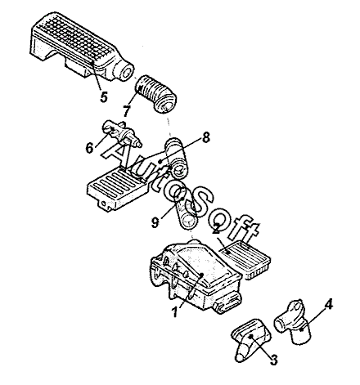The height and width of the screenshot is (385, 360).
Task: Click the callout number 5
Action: point(103,96)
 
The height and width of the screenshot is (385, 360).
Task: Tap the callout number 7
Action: point(127,111)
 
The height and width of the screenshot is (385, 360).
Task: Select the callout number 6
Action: point(89,148)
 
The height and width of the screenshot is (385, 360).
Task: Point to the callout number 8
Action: point(206,137)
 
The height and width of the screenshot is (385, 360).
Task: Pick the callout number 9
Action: point(155,222)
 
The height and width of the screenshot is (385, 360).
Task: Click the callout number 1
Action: point(175,311)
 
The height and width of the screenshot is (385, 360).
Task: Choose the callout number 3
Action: point(273,360)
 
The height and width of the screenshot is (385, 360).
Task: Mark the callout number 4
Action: point(329,304)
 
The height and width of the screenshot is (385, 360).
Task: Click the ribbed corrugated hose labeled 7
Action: point(156,94)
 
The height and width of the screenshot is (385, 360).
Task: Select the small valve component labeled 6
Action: point(122,134)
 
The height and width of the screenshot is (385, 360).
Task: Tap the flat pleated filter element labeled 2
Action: point(245,259)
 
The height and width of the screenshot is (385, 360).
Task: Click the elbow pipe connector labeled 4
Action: point(292,321)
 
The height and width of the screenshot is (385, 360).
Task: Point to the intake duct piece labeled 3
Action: point(250,338)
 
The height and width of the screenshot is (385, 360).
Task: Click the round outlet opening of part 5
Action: point(127,72)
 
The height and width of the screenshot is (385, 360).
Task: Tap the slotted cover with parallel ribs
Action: point(116,189)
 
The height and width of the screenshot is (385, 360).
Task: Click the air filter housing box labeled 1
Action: point(196,275)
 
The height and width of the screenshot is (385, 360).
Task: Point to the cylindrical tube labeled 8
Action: point(175,158)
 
